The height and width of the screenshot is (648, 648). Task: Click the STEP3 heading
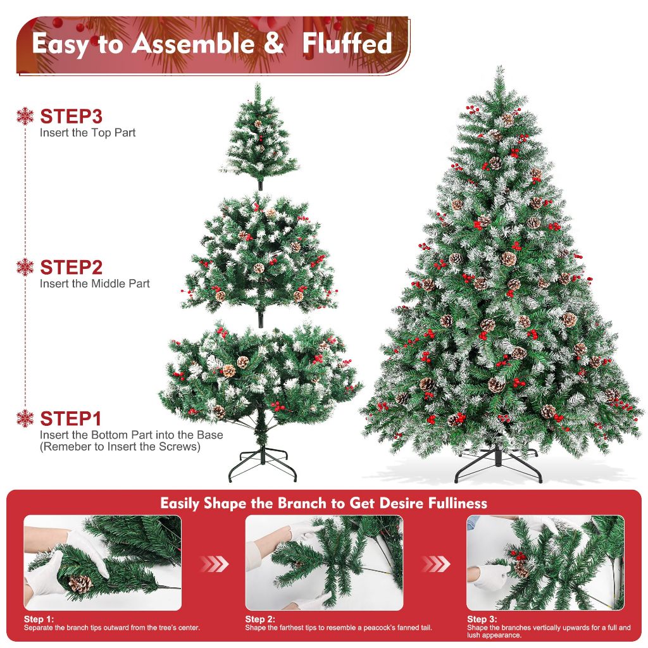pyautogui.click(x=71, y=116)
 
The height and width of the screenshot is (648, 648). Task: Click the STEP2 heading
pyautogui.click(x=71, y=267)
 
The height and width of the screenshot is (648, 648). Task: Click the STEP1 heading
pyautogui.click(x=71, y=419)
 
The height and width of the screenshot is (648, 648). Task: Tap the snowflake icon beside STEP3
pyautogui.click(x=25, y=116)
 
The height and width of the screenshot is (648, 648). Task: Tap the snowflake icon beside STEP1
pyautogui.click(x=25, y=418)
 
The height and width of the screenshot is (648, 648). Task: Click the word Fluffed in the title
pyautogui.click(x=347, y=44)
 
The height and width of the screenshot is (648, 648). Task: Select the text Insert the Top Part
pyautogui.click(x=87, y=133)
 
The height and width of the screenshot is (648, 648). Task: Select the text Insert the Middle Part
pyautogui.click(x=95, y=283)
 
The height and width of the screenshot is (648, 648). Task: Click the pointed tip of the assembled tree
pyautogui.click(x=500, y=70)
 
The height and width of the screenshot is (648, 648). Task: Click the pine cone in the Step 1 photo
pyautogui.click(x=80, y=583)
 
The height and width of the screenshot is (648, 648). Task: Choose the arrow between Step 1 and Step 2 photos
pyautogui.click(x=214, y=563)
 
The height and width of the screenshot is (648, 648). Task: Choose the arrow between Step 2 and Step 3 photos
pyautogui.click(x=435, y=563)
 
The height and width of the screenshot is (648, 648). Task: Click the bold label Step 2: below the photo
pyautogui.click(x=260, y=619)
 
